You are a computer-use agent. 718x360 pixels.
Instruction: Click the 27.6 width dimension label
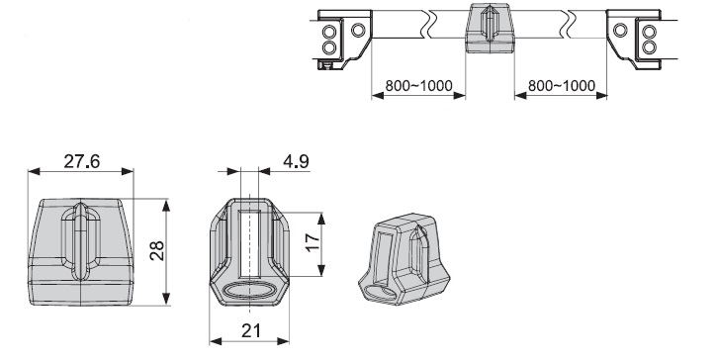tap(81, 161)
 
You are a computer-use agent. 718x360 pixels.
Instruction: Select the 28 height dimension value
tap(157, 250)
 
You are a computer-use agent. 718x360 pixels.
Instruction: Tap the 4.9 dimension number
tap(296, 161)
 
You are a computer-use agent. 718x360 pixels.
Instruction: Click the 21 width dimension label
tap(250, 330)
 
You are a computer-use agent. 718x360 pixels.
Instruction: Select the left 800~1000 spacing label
tap(418, 86)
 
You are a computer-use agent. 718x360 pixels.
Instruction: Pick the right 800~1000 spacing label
tap(562, 86)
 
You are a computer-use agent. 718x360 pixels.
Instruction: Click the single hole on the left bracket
tap(358, 31)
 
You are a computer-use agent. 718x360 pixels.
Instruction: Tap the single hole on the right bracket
tap(620, 31)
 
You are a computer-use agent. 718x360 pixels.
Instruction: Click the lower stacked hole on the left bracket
tap(328, 46)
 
